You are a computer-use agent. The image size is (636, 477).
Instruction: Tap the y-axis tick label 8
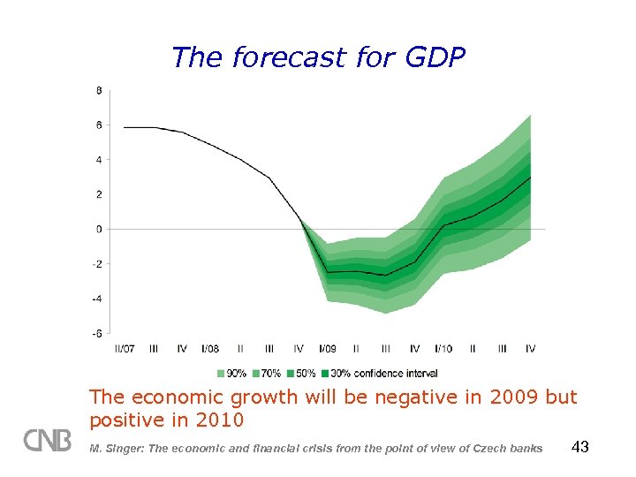coord(99,90)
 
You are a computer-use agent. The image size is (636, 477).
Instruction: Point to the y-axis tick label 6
coord(99,125)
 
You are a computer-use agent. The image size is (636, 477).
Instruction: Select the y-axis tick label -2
coord(97,264)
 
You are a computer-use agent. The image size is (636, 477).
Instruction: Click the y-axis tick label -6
coord(97,334)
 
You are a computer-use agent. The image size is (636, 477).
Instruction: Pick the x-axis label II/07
coord(125,350)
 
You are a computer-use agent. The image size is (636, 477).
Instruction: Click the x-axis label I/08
coord(210,350)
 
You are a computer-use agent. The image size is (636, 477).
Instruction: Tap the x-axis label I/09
coord(327,350)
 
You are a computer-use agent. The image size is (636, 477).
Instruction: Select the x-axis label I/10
coord(443,350)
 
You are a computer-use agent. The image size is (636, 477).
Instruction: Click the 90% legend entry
coord(235,374)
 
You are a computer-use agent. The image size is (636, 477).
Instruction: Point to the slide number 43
coord(580,448)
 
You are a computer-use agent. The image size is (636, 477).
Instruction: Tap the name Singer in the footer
coord(124,449)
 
